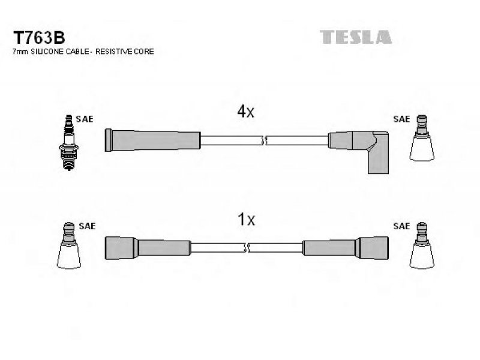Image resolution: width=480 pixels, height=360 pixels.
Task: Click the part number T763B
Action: click(39, 38)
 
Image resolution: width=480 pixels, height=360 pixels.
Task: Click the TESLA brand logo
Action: click(356, 37)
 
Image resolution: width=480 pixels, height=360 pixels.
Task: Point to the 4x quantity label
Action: click(245, 112)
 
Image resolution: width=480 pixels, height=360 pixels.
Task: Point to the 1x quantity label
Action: click(247, 219)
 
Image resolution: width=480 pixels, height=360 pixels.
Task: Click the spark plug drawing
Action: click(69, 142)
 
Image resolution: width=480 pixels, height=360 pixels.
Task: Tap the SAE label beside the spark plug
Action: click(85, 119)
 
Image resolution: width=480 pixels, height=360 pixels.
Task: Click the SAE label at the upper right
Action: click(401, 119)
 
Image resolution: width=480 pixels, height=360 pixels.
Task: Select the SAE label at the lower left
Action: click(87, 226)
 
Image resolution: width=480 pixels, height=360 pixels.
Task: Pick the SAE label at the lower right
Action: click(401, 226)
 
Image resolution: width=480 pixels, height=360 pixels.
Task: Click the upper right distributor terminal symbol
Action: click(422, 138)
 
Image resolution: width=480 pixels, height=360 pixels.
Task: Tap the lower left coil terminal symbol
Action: click(69, 245)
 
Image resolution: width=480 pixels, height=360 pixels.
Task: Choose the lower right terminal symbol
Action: click(422, 245)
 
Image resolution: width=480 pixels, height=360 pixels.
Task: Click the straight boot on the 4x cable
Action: click(152, 140)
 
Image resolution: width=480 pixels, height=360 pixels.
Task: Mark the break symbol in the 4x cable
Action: click(263, 140)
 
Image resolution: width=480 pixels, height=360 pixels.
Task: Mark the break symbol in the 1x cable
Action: click(247, 247)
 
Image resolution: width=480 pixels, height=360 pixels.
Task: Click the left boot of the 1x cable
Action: click(148, 248)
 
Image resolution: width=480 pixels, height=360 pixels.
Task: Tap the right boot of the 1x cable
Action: click(346, 248)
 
